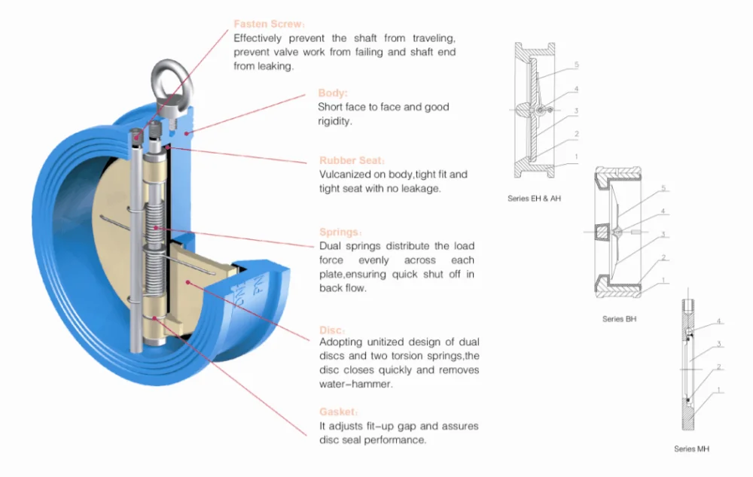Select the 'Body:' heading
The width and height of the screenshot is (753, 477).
[333, 93]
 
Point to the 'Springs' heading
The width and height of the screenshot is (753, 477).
[340, 232]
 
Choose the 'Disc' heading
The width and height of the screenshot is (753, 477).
[332, 330]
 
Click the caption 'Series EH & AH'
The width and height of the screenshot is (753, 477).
[534, 199]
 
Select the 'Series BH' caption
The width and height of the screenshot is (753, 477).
[620, 319]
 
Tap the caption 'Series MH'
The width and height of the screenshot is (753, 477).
[691, 449]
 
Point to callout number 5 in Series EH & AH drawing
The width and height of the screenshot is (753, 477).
[576, 65]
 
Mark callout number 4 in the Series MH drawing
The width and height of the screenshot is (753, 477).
[719, 321]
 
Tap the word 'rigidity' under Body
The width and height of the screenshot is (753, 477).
[334, 120]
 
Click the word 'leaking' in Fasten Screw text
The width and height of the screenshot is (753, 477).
[276, 66]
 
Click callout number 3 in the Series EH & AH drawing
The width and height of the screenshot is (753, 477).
[576, 111]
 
